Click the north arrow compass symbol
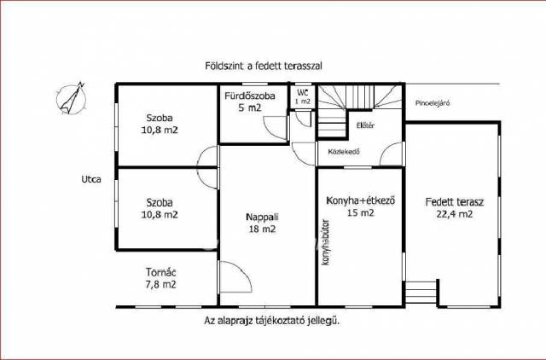tap(72, 98)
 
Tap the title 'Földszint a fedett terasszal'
tap(264, 66)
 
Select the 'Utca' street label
tap(91, 179)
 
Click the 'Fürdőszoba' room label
tap(250, 96)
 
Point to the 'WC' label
tap(302, 93)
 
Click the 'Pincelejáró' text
tap(433, 103)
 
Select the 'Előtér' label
tap(365, 125)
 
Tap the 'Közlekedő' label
tap(344, 152)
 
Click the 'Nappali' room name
tap(262, 217)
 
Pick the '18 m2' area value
tap(262, 229)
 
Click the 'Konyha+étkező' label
tap(361, 200)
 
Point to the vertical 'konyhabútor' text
tap(326, 242)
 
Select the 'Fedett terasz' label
tap(455, 202)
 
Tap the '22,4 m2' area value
tap(455, 214)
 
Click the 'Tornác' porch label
tap(161, 272)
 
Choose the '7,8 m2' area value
tap(161, 284)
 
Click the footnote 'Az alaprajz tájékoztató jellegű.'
tap(271, 321)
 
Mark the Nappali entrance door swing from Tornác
tap(235, 276)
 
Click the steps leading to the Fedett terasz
tap(421, 292)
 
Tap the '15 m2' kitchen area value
tap(361, 212)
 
